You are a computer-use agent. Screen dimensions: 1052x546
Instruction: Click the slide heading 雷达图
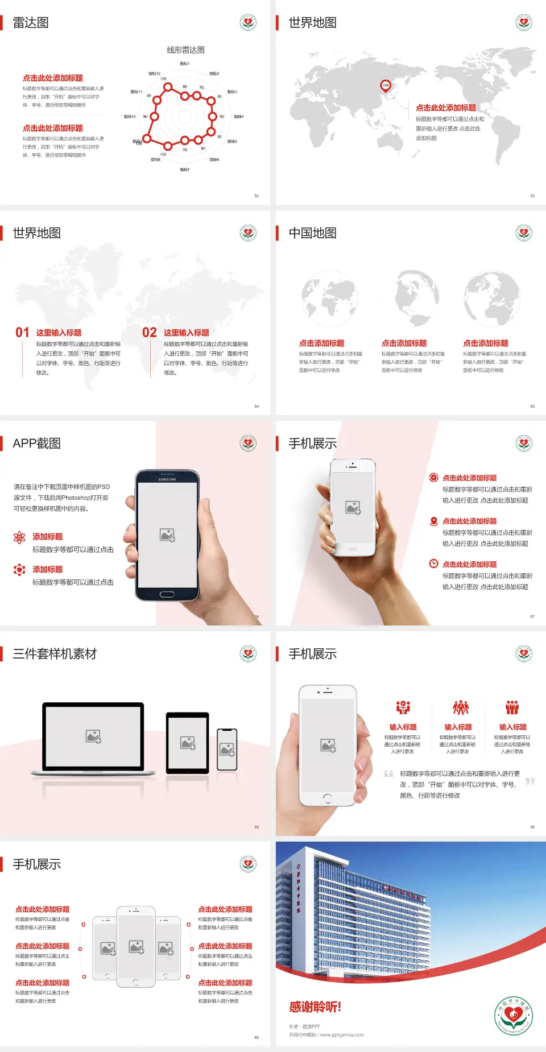[x=31, y=23]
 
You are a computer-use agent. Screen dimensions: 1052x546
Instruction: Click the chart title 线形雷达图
[x=185, y=50]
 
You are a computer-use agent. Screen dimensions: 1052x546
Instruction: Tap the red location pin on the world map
[x=386, y=86]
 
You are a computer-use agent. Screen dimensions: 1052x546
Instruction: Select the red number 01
[x=22, y=333]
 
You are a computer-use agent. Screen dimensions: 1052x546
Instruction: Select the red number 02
[x=150, y=333]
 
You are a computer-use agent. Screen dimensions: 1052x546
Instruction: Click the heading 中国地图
[x=312, y=233]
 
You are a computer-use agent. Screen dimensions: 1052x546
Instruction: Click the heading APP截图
[x=36, y=444]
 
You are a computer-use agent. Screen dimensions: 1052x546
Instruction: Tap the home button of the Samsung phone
[x=167, y=594]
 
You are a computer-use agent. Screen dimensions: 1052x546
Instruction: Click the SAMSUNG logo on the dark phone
[x=167, y=479]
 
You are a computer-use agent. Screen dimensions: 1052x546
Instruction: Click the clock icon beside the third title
[x=433, y=564]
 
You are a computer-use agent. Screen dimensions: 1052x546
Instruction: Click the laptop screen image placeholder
[x=93, y=736]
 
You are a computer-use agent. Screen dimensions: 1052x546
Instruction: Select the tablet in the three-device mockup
[x=188, y=742]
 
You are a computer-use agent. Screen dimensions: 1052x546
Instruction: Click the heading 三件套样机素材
[x=55, y=654]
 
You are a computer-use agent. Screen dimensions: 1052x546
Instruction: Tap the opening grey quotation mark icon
[x=388, y=774]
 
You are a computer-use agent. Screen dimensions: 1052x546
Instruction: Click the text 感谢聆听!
[x=315, y=1007]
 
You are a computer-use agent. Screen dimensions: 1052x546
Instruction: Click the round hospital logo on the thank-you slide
[x=513, y=1016]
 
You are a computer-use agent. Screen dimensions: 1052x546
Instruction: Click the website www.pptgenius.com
[x=342, y=1035]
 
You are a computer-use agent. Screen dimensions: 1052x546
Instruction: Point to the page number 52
[x=257, y=196]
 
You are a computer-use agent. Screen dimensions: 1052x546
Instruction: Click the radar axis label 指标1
[x=185, y=64]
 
